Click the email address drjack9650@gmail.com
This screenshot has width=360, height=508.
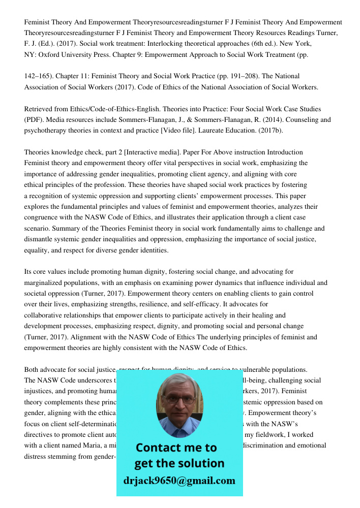click(179, 480)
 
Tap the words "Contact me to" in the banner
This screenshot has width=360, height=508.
click(176, 448)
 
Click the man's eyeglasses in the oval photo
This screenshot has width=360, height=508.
click(179, 399)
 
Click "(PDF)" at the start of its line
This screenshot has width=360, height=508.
click(34, 120)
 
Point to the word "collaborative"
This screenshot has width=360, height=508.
click(43, 315)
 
